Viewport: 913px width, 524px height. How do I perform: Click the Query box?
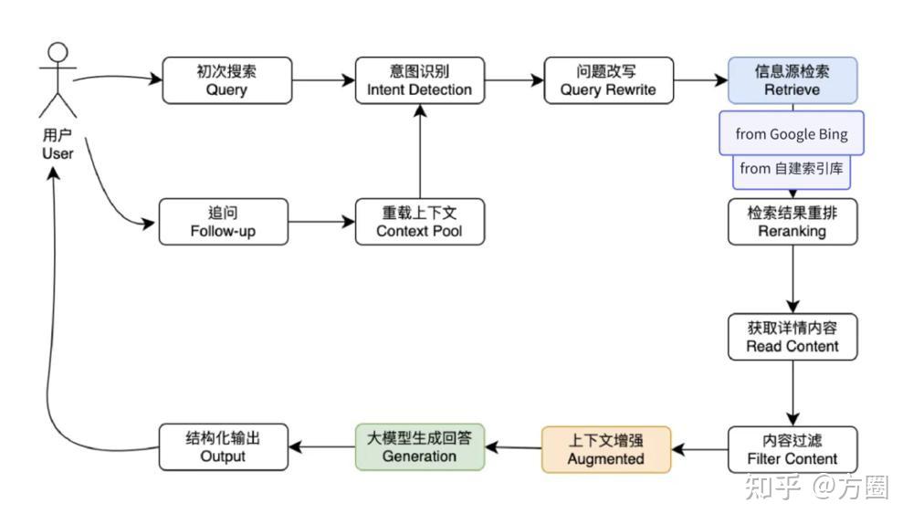[227, 80]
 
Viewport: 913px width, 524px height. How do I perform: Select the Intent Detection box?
[420, 80]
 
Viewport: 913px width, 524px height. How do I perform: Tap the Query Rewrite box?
[608, 80]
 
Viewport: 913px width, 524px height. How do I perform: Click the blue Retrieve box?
[792, 80]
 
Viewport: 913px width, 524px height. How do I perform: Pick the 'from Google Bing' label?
[792, 133]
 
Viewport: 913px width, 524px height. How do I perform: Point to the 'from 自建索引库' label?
[792, 168]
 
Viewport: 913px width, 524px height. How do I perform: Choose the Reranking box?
[792, 222]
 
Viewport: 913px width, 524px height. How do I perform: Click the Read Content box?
[792, 337]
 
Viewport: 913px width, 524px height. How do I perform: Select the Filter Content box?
[792, 449]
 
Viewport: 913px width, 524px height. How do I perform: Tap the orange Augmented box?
[606, 449]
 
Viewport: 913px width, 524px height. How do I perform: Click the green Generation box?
[420, 447]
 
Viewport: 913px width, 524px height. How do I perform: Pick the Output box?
[224, 447]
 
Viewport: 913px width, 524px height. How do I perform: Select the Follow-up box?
[224, 222]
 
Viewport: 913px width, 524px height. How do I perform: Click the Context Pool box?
[420, 222]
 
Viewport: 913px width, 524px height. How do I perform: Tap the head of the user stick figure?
[58, 52]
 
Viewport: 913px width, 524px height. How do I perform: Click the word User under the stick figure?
[58, 153]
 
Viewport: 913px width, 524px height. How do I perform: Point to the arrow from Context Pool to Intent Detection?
[420, 152]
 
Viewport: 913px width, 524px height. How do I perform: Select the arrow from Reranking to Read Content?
[792, 279]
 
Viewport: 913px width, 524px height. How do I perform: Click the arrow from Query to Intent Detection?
[324, 80]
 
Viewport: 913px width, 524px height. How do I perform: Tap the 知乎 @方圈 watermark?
[816, 487]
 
